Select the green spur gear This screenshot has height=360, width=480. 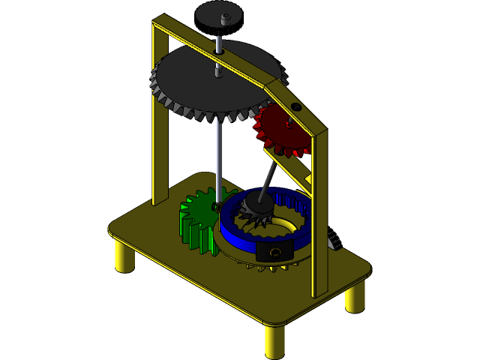click(x=197, y=221)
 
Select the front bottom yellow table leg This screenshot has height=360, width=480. click(x=274, y=341)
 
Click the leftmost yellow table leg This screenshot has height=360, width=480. click(x=124, y=256)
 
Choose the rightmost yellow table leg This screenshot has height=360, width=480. click(x=355, y=298)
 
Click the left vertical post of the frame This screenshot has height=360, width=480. click(x=159, y=120)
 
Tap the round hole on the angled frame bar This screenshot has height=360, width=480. click(x=296, y=107)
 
